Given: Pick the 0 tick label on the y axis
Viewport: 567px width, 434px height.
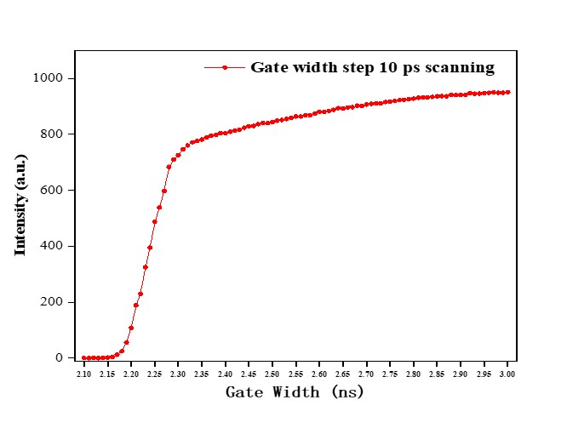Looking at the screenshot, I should [x=60, y=358].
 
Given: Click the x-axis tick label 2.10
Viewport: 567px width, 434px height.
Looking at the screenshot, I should [x=84, y=374].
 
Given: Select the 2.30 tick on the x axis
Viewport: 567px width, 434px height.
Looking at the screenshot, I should [x=178, y=374].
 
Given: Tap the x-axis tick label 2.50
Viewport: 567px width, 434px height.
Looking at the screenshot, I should [x=272, y=374].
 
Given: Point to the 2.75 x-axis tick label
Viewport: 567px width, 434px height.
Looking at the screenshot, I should [x=390, y=374].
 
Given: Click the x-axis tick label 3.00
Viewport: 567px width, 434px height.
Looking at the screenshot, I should [x=507, y=374].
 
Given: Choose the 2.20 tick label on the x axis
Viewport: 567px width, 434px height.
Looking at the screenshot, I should [x=131, y=374].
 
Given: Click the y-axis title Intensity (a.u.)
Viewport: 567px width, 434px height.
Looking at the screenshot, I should [x=20, y=204].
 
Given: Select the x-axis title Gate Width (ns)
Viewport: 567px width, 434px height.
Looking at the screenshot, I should [x=295, y=392].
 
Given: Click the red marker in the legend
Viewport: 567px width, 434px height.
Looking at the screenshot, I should [x=225, y=68].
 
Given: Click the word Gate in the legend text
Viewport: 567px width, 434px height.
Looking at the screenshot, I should [x=268, y=67].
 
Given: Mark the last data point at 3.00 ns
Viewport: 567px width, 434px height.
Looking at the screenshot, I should [x=508, y=92].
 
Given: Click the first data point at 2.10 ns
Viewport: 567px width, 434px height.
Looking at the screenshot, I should [x=84, y=358].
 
